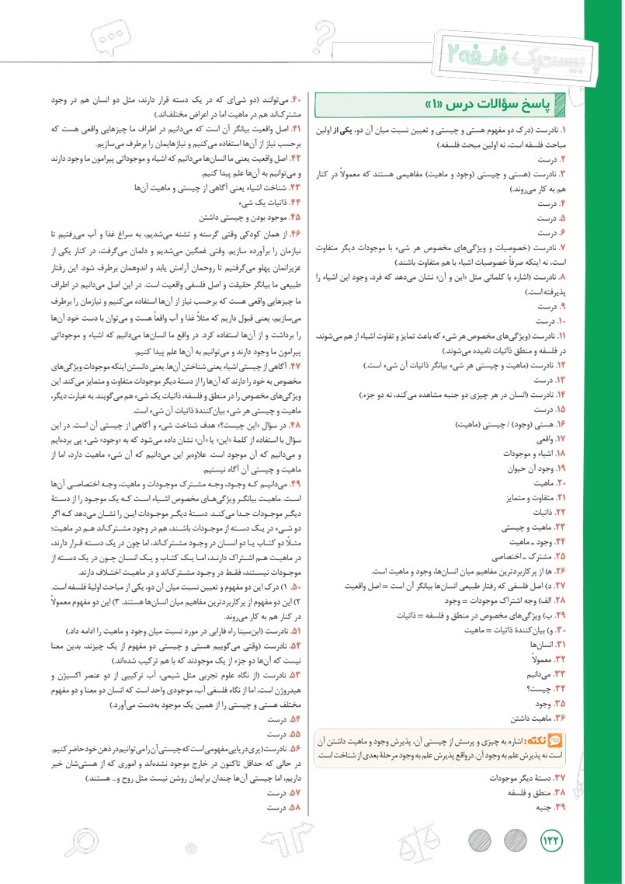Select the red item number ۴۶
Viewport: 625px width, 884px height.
(x=294, y=233)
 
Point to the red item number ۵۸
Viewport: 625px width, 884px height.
(x=294, y=808)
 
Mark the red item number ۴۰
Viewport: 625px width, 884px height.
(x=294, y=99)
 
